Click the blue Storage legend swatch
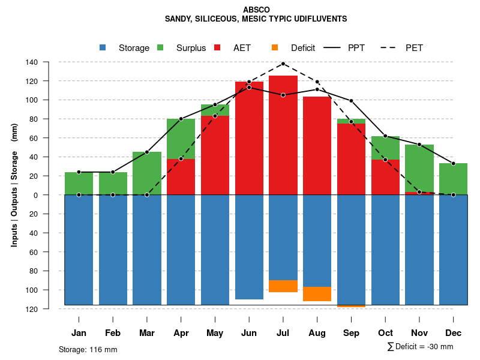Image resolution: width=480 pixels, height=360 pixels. coord(103,47)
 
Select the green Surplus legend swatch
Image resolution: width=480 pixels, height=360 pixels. coord(160,47)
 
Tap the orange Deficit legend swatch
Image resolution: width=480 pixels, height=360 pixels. coord(275,47)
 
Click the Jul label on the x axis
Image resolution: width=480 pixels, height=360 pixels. coord(283,333)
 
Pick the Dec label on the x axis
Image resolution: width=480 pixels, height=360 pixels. coord(453,333)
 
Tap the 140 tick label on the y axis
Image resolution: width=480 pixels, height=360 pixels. coord(49,62)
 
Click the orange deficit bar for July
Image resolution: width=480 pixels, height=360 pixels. coord(283,286)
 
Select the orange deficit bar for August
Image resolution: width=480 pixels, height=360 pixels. coord(317,294)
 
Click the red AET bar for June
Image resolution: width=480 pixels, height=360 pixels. coord(249,138)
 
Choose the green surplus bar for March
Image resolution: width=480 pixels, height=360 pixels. coord(146,173)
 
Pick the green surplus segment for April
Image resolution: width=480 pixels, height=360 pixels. coord(181,139)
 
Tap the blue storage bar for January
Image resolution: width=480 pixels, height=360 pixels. coord(79,250)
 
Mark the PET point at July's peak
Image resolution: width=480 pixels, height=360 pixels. coord(283,64)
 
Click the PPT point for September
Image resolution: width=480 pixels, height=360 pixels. coord(351,101)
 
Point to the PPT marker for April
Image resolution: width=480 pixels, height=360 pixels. coord(181,119)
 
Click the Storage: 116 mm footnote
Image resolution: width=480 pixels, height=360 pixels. coord(88,349)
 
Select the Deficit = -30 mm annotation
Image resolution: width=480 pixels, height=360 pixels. coord(421,346)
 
